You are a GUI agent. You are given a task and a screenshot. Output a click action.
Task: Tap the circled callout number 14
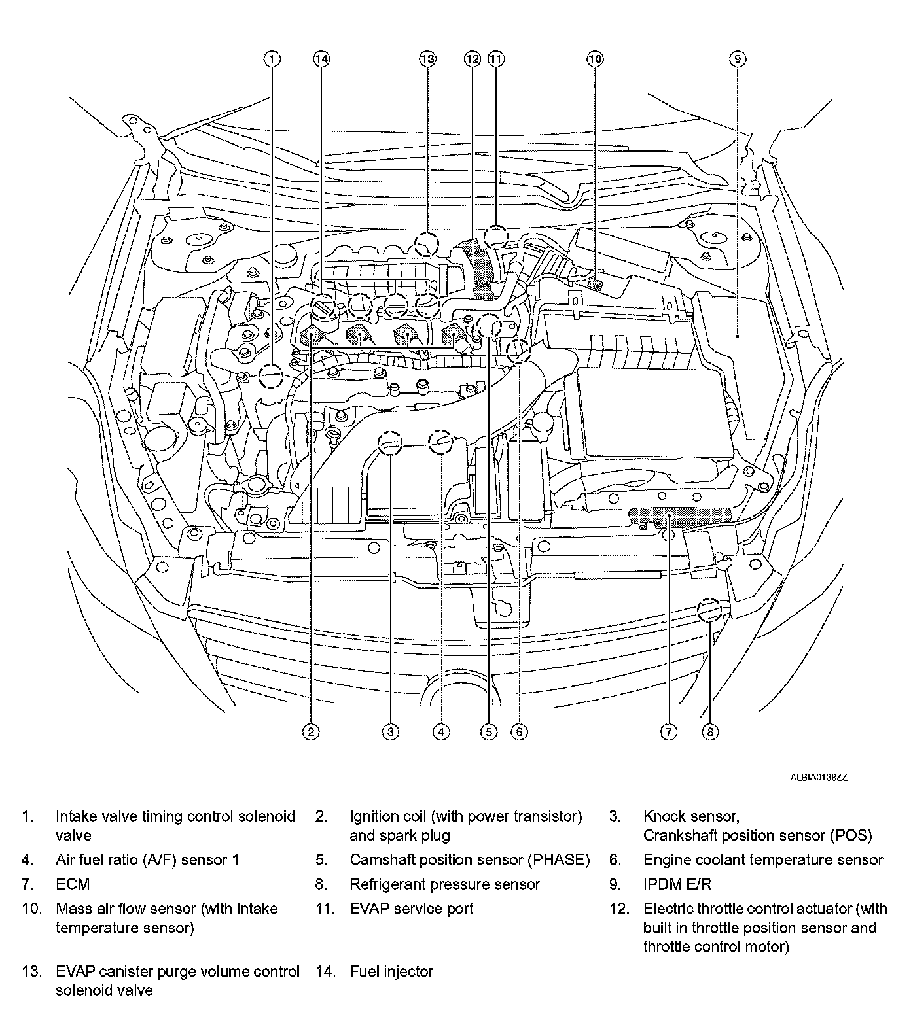tap(321, 60)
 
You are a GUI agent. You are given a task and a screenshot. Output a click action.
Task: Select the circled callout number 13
tap(427, 60)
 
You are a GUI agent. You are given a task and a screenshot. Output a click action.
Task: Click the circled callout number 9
tap(737, 60)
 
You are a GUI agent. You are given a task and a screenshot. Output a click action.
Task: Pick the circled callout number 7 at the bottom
tap(668, 731)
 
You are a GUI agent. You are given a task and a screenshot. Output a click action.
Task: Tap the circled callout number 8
tap(710, 731)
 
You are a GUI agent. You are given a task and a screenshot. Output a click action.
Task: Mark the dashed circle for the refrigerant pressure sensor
tap(709, 610)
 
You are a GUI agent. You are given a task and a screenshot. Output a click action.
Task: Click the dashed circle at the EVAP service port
tap(496, 237)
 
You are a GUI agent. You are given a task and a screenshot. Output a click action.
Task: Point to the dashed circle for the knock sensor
tap(391, 443)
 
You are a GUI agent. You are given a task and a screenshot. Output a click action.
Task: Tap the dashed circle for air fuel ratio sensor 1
tap(440, 443)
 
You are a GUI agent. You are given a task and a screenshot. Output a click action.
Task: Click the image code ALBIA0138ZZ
tap(818, 778)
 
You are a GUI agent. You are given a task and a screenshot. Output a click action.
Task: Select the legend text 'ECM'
tap(73, 884)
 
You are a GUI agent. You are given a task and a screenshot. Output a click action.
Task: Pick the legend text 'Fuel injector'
tap(391, 971)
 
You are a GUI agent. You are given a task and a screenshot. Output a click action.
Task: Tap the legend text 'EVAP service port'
tap(411, 909)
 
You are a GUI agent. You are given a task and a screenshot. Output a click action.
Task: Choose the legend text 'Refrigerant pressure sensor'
tap(444, 884)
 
